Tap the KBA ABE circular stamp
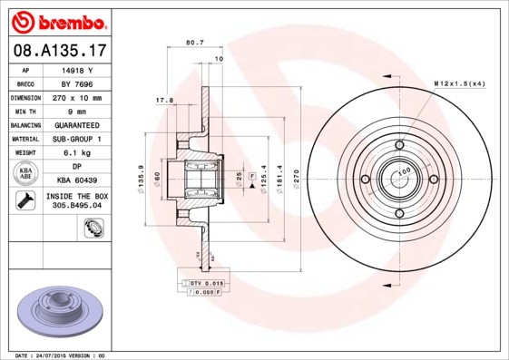tap(26, 174)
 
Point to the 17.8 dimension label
tap(164, 101)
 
